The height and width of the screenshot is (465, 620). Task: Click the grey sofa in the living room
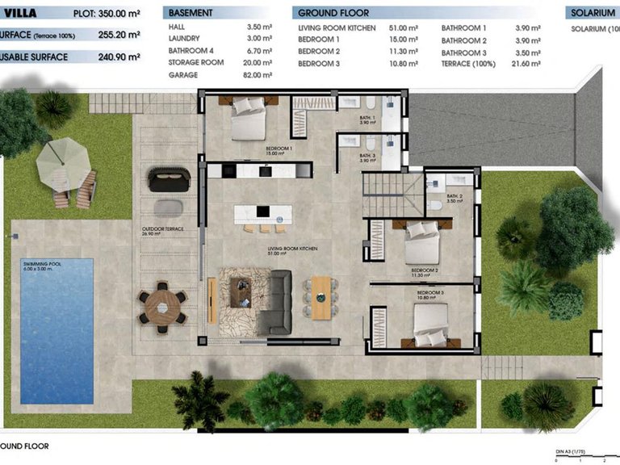pos(279,302)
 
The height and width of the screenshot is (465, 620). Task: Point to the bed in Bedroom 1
pos(248,121)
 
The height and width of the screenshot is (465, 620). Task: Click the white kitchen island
pos(263,214)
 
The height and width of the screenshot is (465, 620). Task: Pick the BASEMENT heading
pos(191,13)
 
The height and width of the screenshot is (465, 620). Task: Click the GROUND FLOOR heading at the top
pos(333,13)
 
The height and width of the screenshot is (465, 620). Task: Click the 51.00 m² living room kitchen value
pos(404,28)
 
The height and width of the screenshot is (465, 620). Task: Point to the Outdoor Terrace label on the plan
pos(163,229)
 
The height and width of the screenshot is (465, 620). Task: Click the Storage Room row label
pos(195,63)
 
